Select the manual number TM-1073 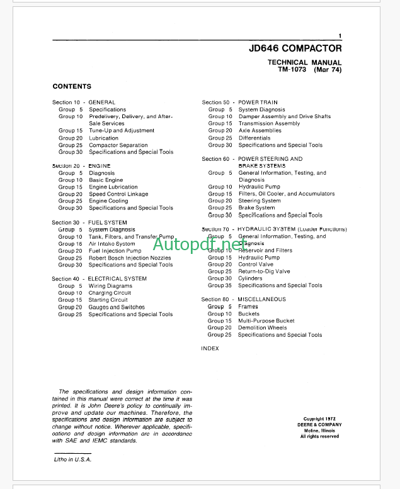point(291,70)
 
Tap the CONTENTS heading point(72,87)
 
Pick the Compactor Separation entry point(118,145)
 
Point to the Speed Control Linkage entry point(118,194)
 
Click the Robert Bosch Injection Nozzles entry point(130,258)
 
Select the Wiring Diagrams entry point(110,286)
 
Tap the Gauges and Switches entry point(117,307)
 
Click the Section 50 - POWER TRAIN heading point(240,102)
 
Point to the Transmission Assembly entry point(269,124)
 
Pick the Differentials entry point(254,138)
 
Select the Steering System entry point(260,201)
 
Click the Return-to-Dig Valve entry point(264,272)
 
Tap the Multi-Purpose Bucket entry point(266,321)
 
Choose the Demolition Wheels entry point(262,327)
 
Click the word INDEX point(210,349)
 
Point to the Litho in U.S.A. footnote point(72,459)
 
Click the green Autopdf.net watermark point(199,243)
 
